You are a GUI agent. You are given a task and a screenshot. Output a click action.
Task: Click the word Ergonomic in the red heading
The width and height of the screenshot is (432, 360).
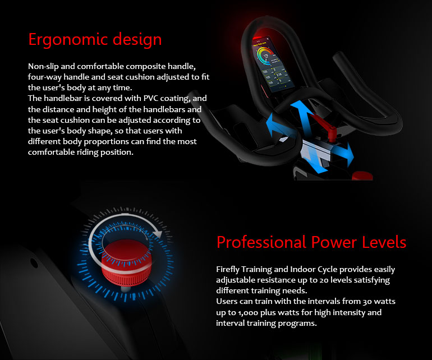(x=68, y=40)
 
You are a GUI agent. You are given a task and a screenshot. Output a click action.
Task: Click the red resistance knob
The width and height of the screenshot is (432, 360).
(x=126, y=263)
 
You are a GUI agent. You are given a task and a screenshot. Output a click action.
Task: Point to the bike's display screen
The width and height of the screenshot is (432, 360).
(x=273, y=64)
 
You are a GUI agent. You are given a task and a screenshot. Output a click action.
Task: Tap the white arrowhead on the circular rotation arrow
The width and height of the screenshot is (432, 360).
(x=157, y=234)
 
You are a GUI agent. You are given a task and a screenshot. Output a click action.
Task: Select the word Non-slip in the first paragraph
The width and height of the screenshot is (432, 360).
(x=43, y=67)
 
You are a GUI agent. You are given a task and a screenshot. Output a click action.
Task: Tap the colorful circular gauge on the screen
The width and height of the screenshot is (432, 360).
(x=265, y=57)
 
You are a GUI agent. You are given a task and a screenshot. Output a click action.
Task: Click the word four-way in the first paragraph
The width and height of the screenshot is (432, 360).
(x=45, y=77)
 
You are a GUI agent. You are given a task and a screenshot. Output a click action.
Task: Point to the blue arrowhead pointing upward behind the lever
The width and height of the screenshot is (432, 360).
(x=300, y=107)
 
